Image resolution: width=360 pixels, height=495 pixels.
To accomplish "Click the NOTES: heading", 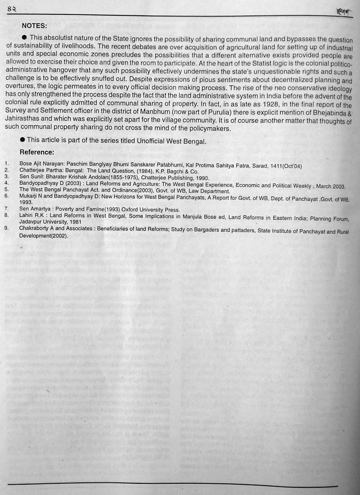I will [x=34, y=26].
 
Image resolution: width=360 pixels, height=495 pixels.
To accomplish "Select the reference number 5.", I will [x=6, y=191].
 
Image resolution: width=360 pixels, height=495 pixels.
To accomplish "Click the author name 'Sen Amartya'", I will [x=35, y=209].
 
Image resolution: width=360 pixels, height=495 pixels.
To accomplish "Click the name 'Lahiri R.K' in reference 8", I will [x=33, y=216].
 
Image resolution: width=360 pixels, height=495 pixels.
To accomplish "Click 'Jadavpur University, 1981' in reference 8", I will [x=50, y=223].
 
